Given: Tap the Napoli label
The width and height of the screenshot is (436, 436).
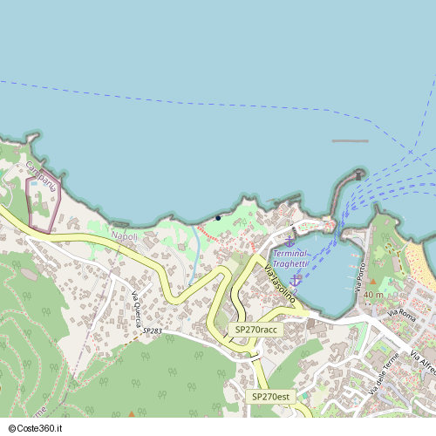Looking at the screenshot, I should (125, 236).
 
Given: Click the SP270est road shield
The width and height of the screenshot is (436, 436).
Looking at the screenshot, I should (271, 397).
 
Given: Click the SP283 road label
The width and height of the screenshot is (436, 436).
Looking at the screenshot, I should (152, 331).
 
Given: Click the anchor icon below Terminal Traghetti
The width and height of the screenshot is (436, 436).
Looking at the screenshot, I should (296, 279).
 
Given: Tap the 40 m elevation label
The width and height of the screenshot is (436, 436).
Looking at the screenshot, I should (373, 296).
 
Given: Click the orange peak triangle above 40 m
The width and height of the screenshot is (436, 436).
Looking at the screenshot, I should (373, 283).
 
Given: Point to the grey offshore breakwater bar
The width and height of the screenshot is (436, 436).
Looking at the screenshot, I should (350, 140).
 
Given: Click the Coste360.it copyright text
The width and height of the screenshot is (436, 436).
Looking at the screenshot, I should (37, 428).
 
